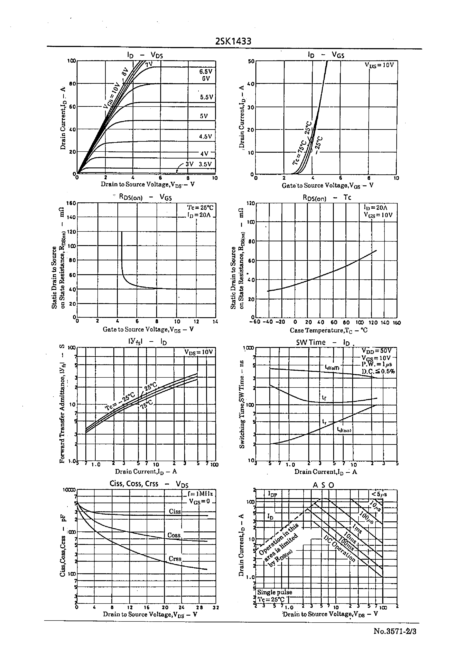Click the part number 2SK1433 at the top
point(233,42)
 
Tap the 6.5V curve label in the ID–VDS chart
point(206,71)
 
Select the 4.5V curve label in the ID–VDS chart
point(205,137)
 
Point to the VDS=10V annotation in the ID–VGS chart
point(379,65)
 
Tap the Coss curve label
point(174,535)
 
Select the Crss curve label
point(175,559)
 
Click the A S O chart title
point(323,485)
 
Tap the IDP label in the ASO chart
point(272,494)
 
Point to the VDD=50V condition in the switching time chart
point(376,351)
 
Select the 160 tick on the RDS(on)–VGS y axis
point(71,203)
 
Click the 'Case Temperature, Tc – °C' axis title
point(329,330)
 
